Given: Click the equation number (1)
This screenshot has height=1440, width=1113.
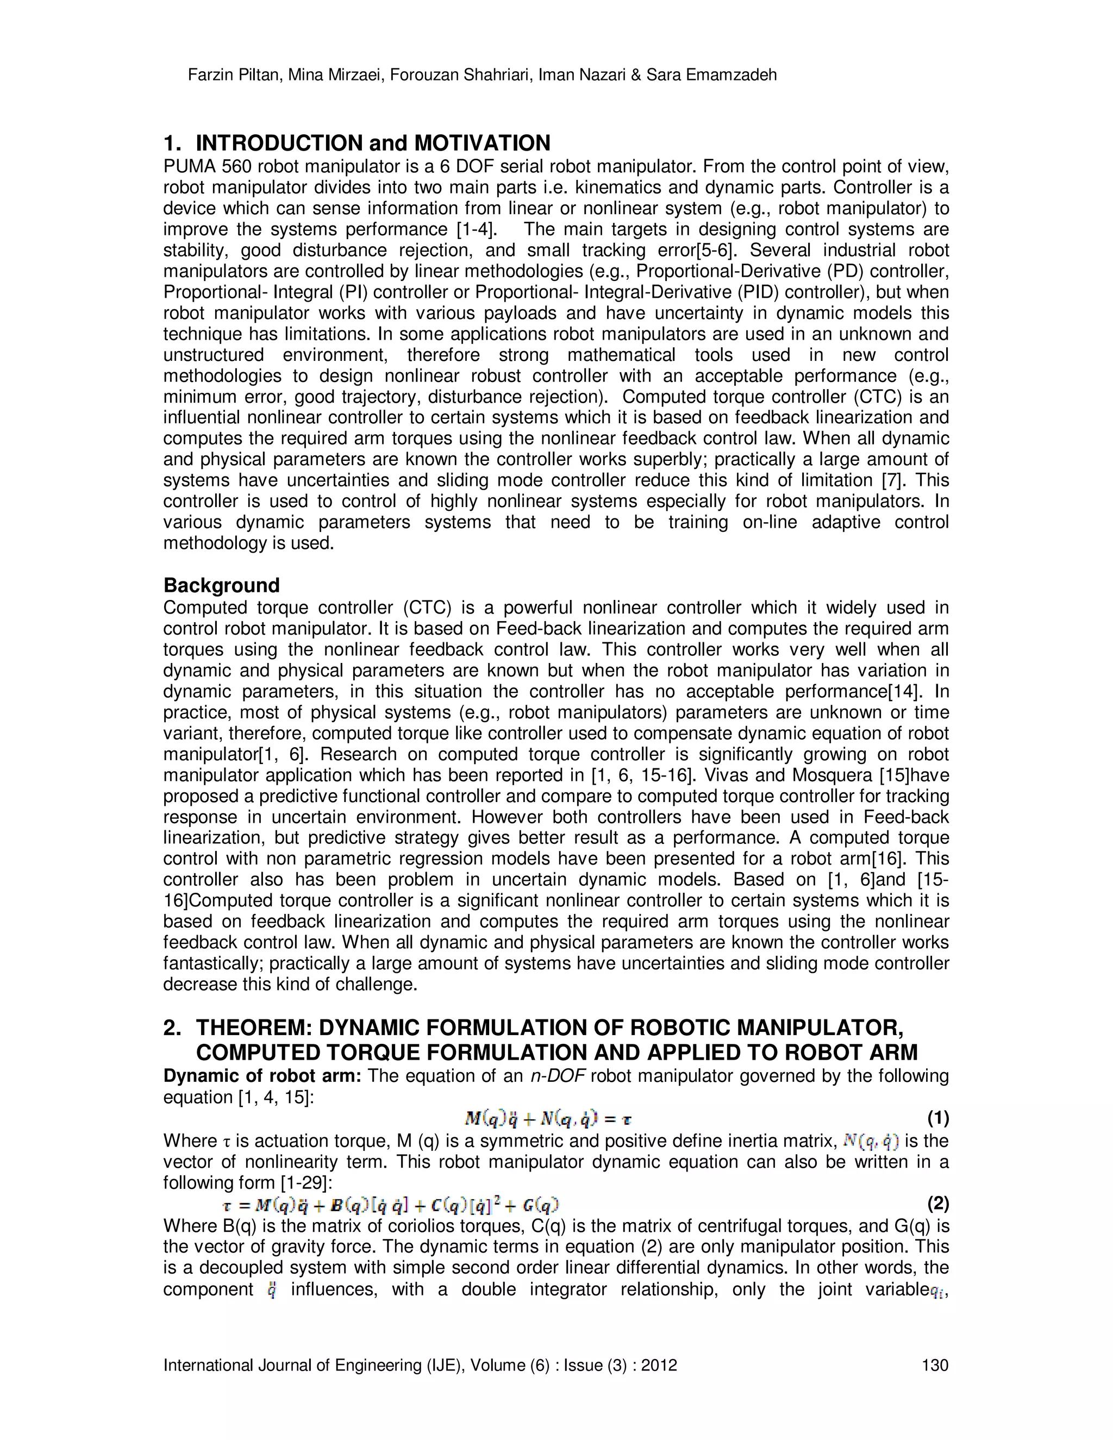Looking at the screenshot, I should (x=937, y=1118).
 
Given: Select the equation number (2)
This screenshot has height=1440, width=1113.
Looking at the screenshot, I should (x=937, y=1204).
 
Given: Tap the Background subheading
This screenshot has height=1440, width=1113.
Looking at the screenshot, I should (x=222, y=585).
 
